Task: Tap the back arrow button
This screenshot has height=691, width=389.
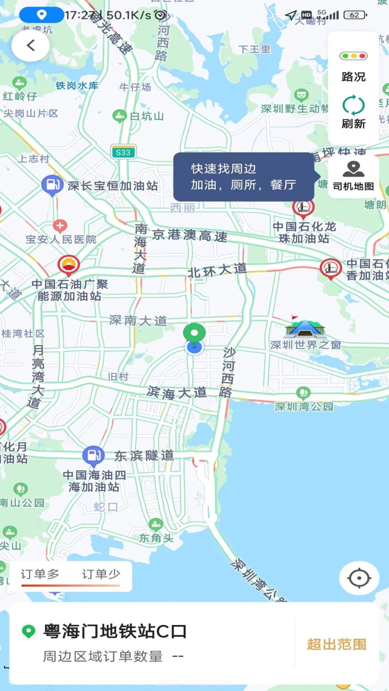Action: [x=31, y=46]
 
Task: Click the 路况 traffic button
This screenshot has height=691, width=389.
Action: [x=353, y=67]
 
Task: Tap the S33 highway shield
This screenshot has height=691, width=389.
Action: [x=123, y=152]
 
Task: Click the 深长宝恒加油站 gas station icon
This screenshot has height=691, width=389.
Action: [x=52, y=185]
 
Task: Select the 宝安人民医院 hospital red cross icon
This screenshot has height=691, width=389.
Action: [x=60, y=226]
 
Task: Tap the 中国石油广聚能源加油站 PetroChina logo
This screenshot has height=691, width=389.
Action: [x=68, y=265]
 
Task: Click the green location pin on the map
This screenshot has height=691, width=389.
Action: [x=194, y=333]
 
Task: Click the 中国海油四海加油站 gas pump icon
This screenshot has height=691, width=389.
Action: [x=93, y=455]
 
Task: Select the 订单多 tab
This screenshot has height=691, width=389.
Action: [x=40, y=574]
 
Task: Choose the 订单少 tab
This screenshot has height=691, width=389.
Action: [x=101, y=574]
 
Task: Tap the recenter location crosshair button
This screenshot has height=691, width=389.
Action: [x=359, y=578]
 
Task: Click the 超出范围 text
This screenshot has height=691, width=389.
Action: [x=337, y=644]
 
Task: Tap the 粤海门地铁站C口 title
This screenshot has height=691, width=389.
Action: [x=115, y=631]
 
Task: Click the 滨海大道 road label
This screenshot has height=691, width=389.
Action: [x=177, y=393]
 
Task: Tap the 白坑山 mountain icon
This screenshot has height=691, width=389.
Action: [x=119, y=116]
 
